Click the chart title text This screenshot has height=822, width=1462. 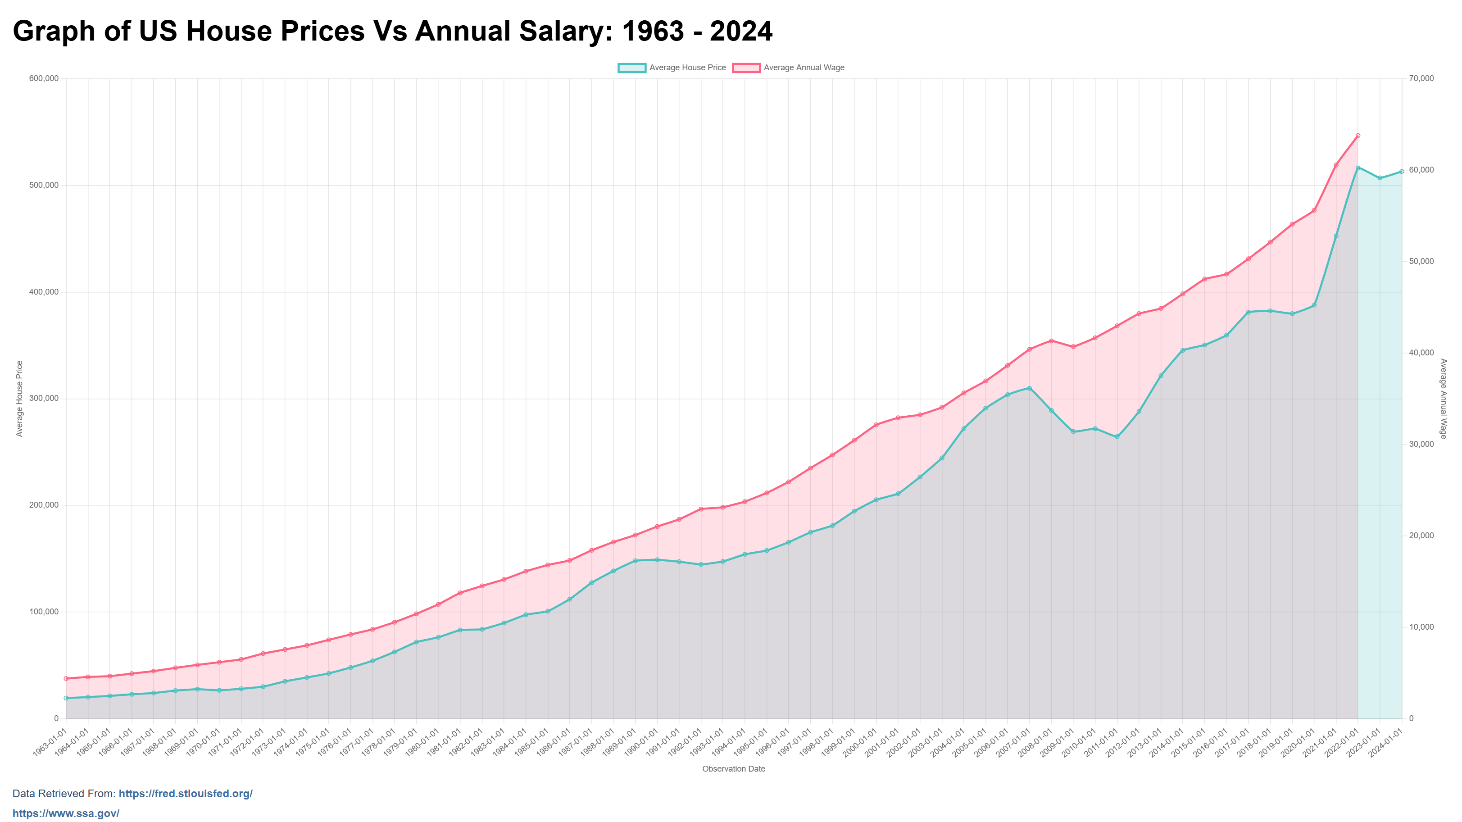[392, 31]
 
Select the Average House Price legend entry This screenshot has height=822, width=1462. [672, 68]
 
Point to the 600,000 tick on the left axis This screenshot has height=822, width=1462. [44, 78]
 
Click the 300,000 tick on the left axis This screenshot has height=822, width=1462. [44, 399]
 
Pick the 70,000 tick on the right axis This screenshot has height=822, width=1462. [1421, 78]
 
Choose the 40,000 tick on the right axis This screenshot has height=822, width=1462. [1421, 353]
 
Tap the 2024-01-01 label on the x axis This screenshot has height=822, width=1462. [1386, 743]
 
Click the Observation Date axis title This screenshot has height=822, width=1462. [733, 769]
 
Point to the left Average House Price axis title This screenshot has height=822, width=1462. [19, 399]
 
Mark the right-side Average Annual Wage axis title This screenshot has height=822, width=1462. [1443, 399]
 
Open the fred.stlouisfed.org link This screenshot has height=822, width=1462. [185, 794]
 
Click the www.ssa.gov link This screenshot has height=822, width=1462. [66, 813]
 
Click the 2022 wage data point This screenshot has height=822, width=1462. [1358, 136]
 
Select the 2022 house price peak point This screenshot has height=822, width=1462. [1358, 168]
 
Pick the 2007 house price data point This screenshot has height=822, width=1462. [1029, 388]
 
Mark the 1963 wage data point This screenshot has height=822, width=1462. [66, 678]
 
